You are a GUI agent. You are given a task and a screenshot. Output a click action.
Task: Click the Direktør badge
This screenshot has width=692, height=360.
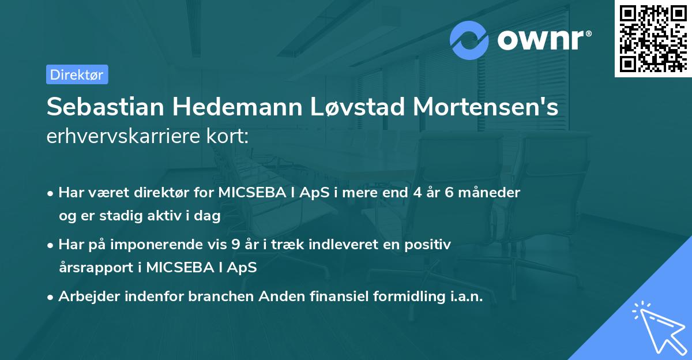77,74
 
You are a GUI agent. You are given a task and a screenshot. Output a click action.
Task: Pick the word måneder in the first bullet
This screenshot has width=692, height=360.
491,193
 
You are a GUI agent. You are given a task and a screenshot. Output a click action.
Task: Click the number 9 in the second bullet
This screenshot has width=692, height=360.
235,245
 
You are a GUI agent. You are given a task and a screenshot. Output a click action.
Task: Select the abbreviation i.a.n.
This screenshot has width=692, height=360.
465,297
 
